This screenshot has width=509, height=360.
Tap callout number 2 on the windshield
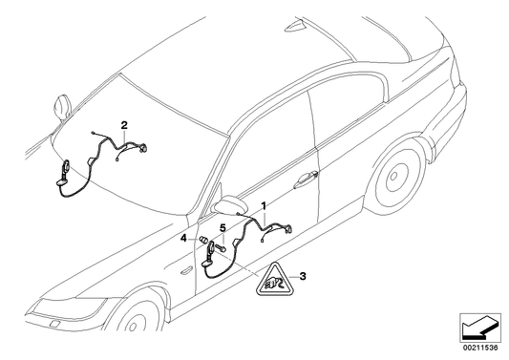[123, 124]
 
